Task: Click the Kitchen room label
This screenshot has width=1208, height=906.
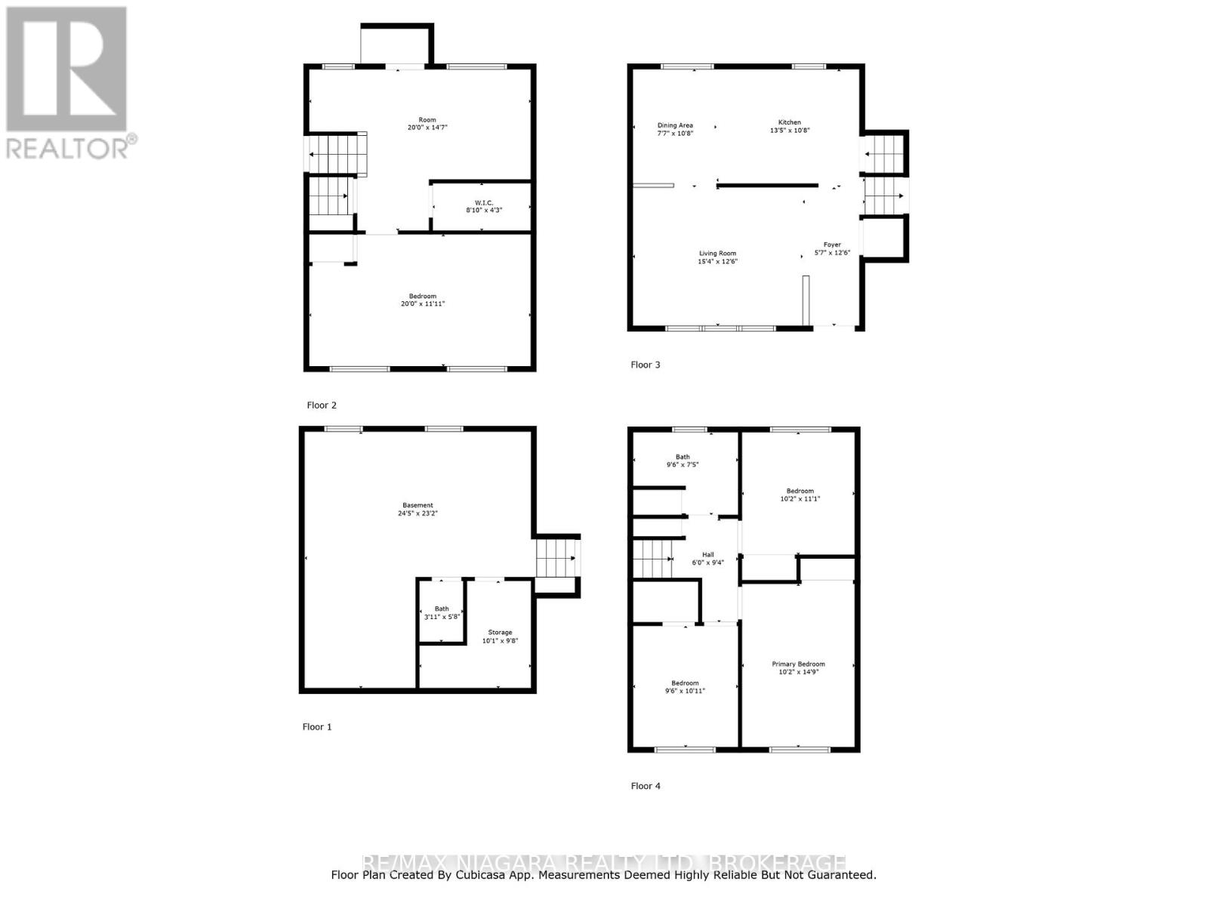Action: [x=790, y=122]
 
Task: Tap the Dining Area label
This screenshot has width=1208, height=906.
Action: [x=675, y=125]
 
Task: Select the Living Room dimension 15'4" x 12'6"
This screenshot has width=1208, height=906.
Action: [x=717, y=261]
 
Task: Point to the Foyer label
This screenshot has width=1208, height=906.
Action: [x=832, y=245]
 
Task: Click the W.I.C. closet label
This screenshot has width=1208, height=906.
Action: [x=484, y=202]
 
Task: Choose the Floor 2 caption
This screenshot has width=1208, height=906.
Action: [x=322, y=405]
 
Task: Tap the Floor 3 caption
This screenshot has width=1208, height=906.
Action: [x=646, y=365]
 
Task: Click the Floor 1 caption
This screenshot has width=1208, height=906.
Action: [x=317, y=727]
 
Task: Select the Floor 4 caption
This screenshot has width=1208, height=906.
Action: [x=646, y=786]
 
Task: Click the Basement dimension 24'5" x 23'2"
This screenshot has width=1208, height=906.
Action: [x=418, y=513]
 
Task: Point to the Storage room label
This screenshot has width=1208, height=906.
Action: [x=500, y=633]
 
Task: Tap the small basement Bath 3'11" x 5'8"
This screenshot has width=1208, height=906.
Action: [x=442, y=612]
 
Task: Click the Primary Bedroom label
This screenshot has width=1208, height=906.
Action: [x=798, y=664]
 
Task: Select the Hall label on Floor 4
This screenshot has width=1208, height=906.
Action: [x=707, y=554]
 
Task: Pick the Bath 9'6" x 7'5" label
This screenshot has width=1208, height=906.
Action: [x=683, y=461]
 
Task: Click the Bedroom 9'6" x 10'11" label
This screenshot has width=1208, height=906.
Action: [x=685, y=686]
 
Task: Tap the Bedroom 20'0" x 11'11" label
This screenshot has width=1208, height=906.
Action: [x=423, y=300]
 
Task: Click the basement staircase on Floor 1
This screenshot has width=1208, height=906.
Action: [x=556, y=559]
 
